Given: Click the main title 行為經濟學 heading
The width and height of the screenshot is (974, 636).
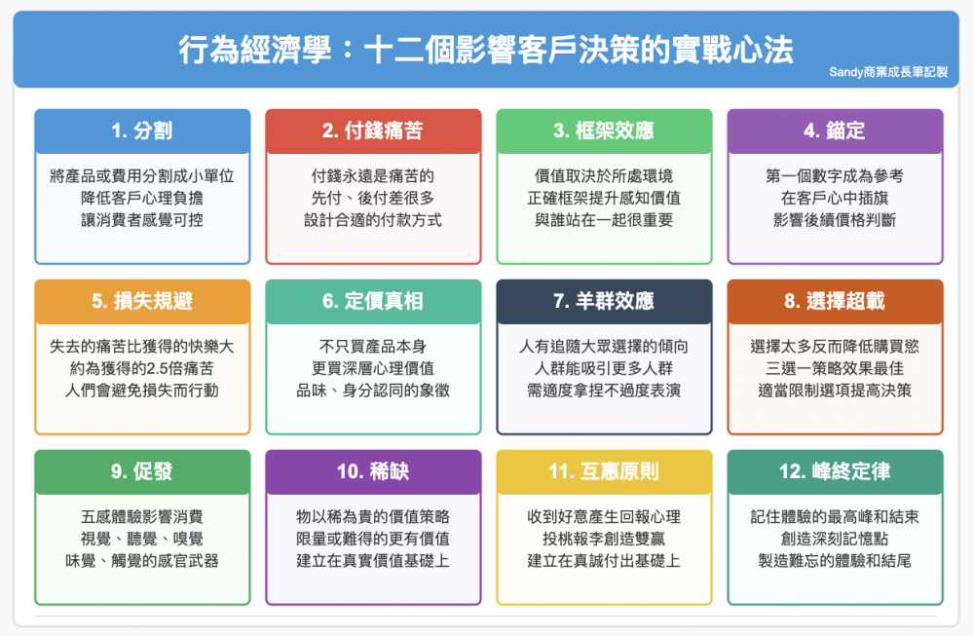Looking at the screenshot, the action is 486,50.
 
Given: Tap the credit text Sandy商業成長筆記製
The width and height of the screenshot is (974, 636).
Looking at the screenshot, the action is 888,72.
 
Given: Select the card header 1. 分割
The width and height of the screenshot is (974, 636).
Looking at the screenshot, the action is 142,131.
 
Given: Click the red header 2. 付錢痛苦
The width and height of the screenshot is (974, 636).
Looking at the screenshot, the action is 373,131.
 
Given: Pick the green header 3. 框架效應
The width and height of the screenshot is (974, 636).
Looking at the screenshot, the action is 604,131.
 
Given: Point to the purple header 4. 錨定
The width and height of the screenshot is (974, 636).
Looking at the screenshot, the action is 835,131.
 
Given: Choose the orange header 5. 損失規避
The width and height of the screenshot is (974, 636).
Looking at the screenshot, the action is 142,301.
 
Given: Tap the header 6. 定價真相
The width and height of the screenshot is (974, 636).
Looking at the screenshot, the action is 373,301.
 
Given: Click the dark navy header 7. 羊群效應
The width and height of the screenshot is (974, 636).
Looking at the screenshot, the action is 604,301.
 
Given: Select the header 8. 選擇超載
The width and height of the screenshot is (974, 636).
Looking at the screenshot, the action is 835,301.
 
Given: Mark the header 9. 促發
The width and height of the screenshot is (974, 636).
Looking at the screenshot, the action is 142,470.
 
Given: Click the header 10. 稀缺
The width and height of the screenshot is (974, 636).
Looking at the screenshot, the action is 373,470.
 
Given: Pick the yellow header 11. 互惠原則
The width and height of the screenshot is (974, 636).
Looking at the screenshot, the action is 604,470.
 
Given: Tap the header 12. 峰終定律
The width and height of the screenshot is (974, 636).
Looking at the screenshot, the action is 835,470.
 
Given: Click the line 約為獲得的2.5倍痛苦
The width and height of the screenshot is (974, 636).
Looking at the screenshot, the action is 142,368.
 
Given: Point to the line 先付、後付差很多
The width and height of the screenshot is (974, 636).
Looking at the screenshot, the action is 373,198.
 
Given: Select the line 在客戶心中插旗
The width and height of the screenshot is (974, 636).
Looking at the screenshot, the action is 835,198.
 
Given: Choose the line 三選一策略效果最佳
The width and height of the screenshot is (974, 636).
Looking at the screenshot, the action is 835,368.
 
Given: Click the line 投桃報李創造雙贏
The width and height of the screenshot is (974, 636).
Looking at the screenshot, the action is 604,539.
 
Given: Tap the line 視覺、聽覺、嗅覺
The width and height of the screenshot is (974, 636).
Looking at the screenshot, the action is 142,539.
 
